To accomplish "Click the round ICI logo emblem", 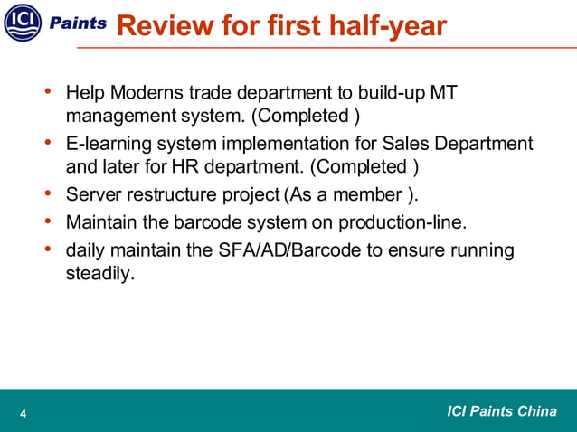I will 23,23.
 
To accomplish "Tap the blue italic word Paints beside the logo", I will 84,23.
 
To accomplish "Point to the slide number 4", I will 23,415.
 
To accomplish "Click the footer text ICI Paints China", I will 502,412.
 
